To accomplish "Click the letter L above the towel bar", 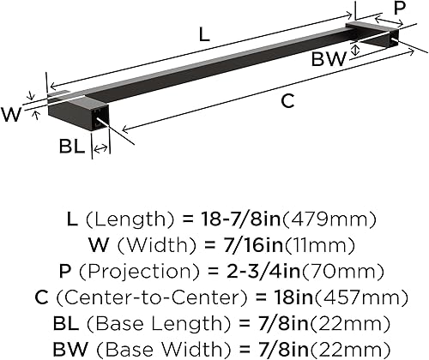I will [203, 35].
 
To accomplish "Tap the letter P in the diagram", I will [399, 8].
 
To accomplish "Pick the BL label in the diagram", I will [71, 147].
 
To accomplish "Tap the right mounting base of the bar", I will [372, 39].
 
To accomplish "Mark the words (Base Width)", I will [169, 350].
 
